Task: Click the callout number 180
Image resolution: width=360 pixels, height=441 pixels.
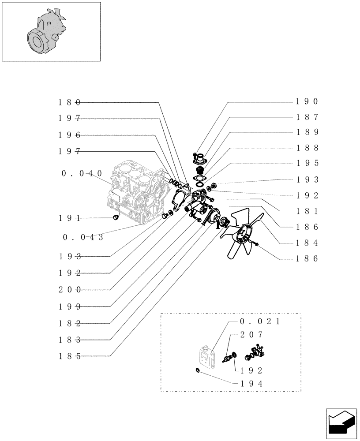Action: pos(69,102)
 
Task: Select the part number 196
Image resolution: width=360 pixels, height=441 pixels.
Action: pos(69,135)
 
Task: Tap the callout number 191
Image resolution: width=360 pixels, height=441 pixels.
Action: pos(69,218)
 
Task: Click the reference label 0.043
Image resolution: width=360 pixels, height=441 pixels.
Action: pos(83,237)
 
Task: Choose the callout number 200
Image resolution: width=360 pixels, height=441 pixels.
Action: pos(69,290)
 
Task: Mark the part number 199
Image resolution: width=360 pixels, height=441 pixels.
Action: pos(69,306)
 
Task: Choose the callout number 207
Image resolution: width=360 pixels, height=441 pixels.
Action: pos(252,335)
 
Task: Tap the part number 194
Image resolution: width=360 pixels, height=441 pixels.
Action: pos(252,384)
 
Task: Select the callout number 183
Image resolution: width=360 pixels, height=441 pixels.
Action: pos(69,340)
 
